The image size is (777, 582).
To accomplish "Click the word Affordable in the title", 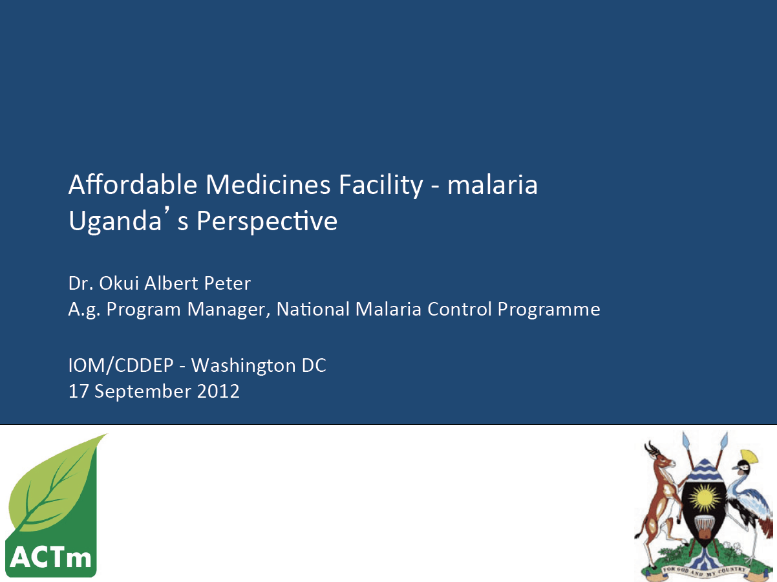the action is pyautogui.click(x=133, y=184).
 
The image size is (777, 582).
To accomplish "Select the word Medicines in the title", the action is pyautogui.click(x=268, y=184).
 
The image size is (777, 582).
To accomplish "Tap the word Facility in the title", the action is pyautogui.click(x=381, y=186).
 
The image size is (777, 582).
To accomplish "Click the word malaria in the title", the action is pyautogui.click(x=493, y=184).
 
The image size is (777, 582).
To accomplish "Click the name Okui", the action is pyautogui.click(x=118, y=283).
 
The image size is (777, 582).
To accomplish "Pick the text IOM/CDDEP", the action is pyautogui.click(x=121, y=365).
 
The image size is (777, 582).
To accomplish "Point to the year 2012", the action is pyautogui.click(x=218, y=391).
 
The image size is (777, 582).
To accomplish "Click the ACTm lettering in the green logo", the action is pyautogui.click(x=50, y=557).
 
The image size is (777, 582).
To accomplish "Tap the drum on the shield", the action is pyautogui.click(x=705, y=526).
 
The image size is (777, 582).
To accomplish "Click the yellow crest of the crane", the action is pyautogui.click(x=750, y=457).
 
